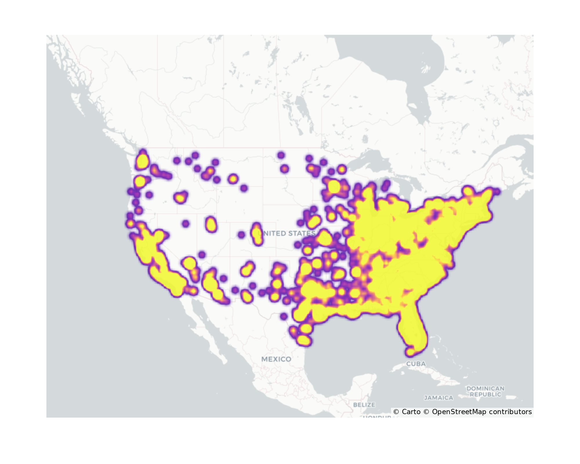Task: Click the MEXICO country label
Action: pyautogui.click(x=276, y=359)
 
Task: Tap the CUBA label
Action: pyautogui.click(x=416, y=364)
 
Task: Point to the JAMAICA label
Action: pyautogui.click(x=438, y=398)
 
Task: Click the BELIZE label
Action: pyautogui.click(x=364, y=405)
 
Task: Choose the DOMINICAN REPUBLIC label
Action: pyautogui.click(x=485, y=391)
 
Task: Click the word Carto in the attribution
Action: pyautogui.click(x=411, y=412)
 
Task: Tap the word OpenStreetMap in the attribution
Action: pyautogui.click(x=459, y=412)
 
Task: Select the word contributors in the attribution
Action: pyautogui.click(x=510, y=412)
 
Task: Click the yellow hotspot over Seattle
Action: pyautogui.click(x=142, y=161)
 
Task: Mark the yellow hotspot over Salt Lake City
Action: pyautogui.click(x=211, y=225)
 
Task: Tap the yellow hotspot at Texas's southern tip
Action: pyautogui.click(x=303, y=340)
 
